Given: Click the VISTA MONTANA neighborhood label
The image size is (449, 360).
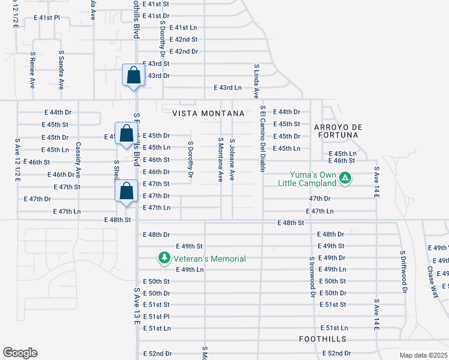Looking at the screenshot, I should [208, 113].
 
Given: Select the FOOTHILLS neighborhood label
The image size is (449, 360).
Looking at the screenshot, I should [323, 339].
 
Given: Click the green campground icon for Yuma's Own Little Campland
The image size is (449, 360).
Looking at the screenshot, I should [345, 178].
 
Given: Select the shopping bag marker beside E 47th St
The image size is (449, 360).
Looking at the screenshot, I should [127, 193].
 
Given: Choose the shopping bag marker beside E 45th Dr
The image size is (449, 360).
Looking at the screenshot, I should [126, 134].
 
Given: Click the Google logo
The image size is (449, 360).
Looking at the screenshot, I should [20, 353].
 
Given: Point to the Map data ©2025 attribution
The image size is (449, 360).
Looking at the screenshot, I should [423, 355].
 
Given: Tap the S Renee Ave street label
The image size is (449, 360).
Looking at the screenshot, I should [32, 70].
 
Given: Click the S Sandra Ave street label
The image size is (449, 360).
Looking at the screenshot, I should [61, 70].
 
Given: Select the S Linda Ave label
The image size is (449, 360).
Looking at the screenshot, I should [256, 82].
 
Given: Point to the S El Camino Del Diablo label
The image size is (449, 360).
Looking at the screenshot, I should [262, 139].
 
